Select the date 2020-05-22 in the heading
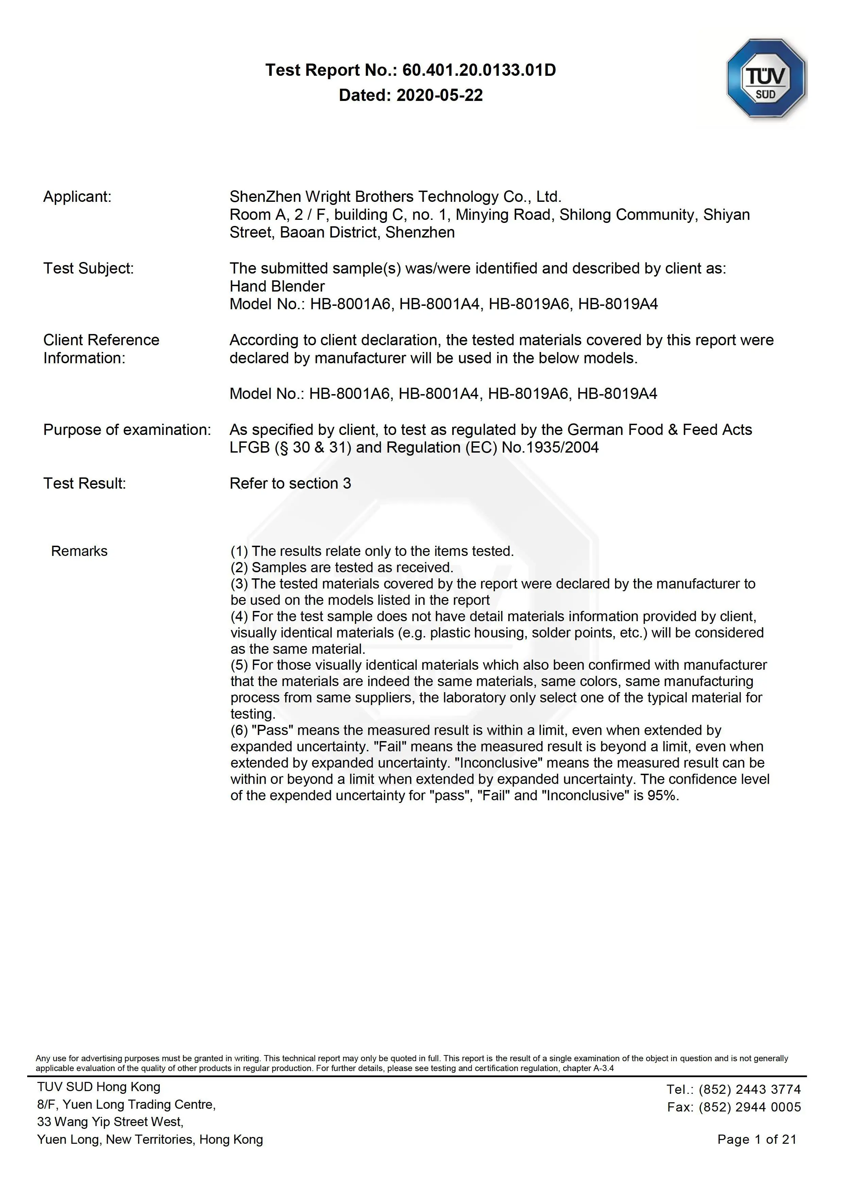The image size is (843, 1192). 439,95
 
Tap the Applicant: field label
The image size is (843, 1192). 78,197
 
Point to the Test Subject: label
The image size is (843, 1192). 88,268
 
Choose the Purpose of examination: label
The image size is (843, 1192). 127,430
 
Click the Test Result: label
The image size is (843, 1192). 85,483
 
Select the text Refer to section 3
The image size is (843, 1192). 290,483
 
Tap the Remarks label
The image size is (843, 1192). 79,551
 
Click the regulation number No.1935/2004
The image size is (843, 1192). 550,448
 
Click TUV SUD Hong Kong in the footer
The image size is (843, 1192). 99,1087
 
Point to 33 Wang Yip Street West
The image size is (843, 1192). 110,1122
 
